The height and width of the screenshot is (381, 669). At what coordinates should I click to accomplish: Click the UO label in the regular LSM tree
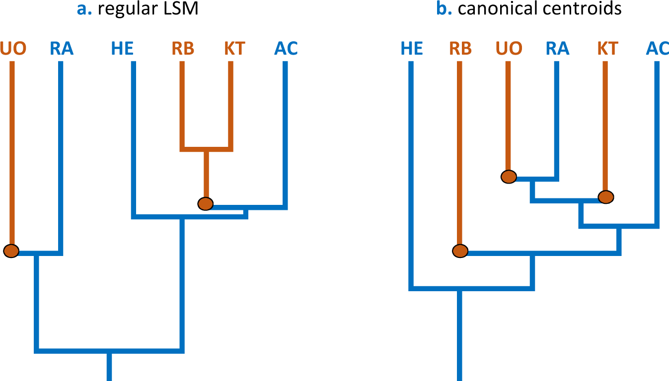click(13, 49)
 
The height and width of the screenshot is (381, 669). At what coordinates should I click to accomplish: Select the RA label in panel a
click(62, 49)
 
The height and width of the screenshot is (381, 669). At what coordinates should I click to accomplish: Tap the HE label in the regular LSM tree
click(122, 49)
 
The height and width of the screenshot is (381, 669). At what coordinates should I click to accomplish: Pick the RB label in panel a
click(183, 49)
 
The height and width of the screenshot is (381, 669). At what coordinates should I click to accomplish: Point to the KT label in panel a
click(234, 49)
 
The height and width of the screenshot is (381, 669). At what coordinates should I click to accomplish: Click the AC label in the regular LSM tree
click(286, 49)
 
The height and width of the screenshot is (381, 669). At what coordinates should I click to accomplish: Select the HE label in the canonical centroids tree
click(411, 49)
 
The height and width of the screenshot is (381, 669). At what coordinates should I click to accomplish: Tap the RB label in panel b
click(460, 49)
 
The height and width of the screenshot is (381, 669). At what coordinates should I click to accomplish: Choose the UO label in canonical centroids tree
click(509, 49)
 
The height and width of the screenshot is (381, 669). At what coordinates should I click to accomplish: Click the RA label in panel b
click(557, 49)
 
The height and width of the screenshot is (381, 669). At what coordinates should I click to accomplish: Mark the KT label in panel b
click(607, 49)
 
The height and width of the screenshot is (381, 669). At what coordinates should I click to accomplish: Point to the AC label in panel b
click(658, 49)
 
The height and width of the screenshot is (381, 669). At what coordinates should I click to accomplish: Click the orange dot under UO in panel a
click(11, 251)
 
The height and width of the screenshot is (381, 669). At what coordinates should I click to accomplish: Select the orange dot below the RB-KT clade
click(205, 203)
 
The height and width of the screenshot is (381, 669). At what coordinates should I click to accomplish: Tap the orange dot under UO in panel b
click(509, 176)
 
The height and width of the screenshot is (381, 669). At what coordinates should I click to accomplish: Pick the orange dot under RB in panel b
click(460, 251)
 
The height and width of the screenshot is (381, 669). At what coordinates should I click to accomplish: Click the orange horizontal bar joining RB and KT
click(206, 148)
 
